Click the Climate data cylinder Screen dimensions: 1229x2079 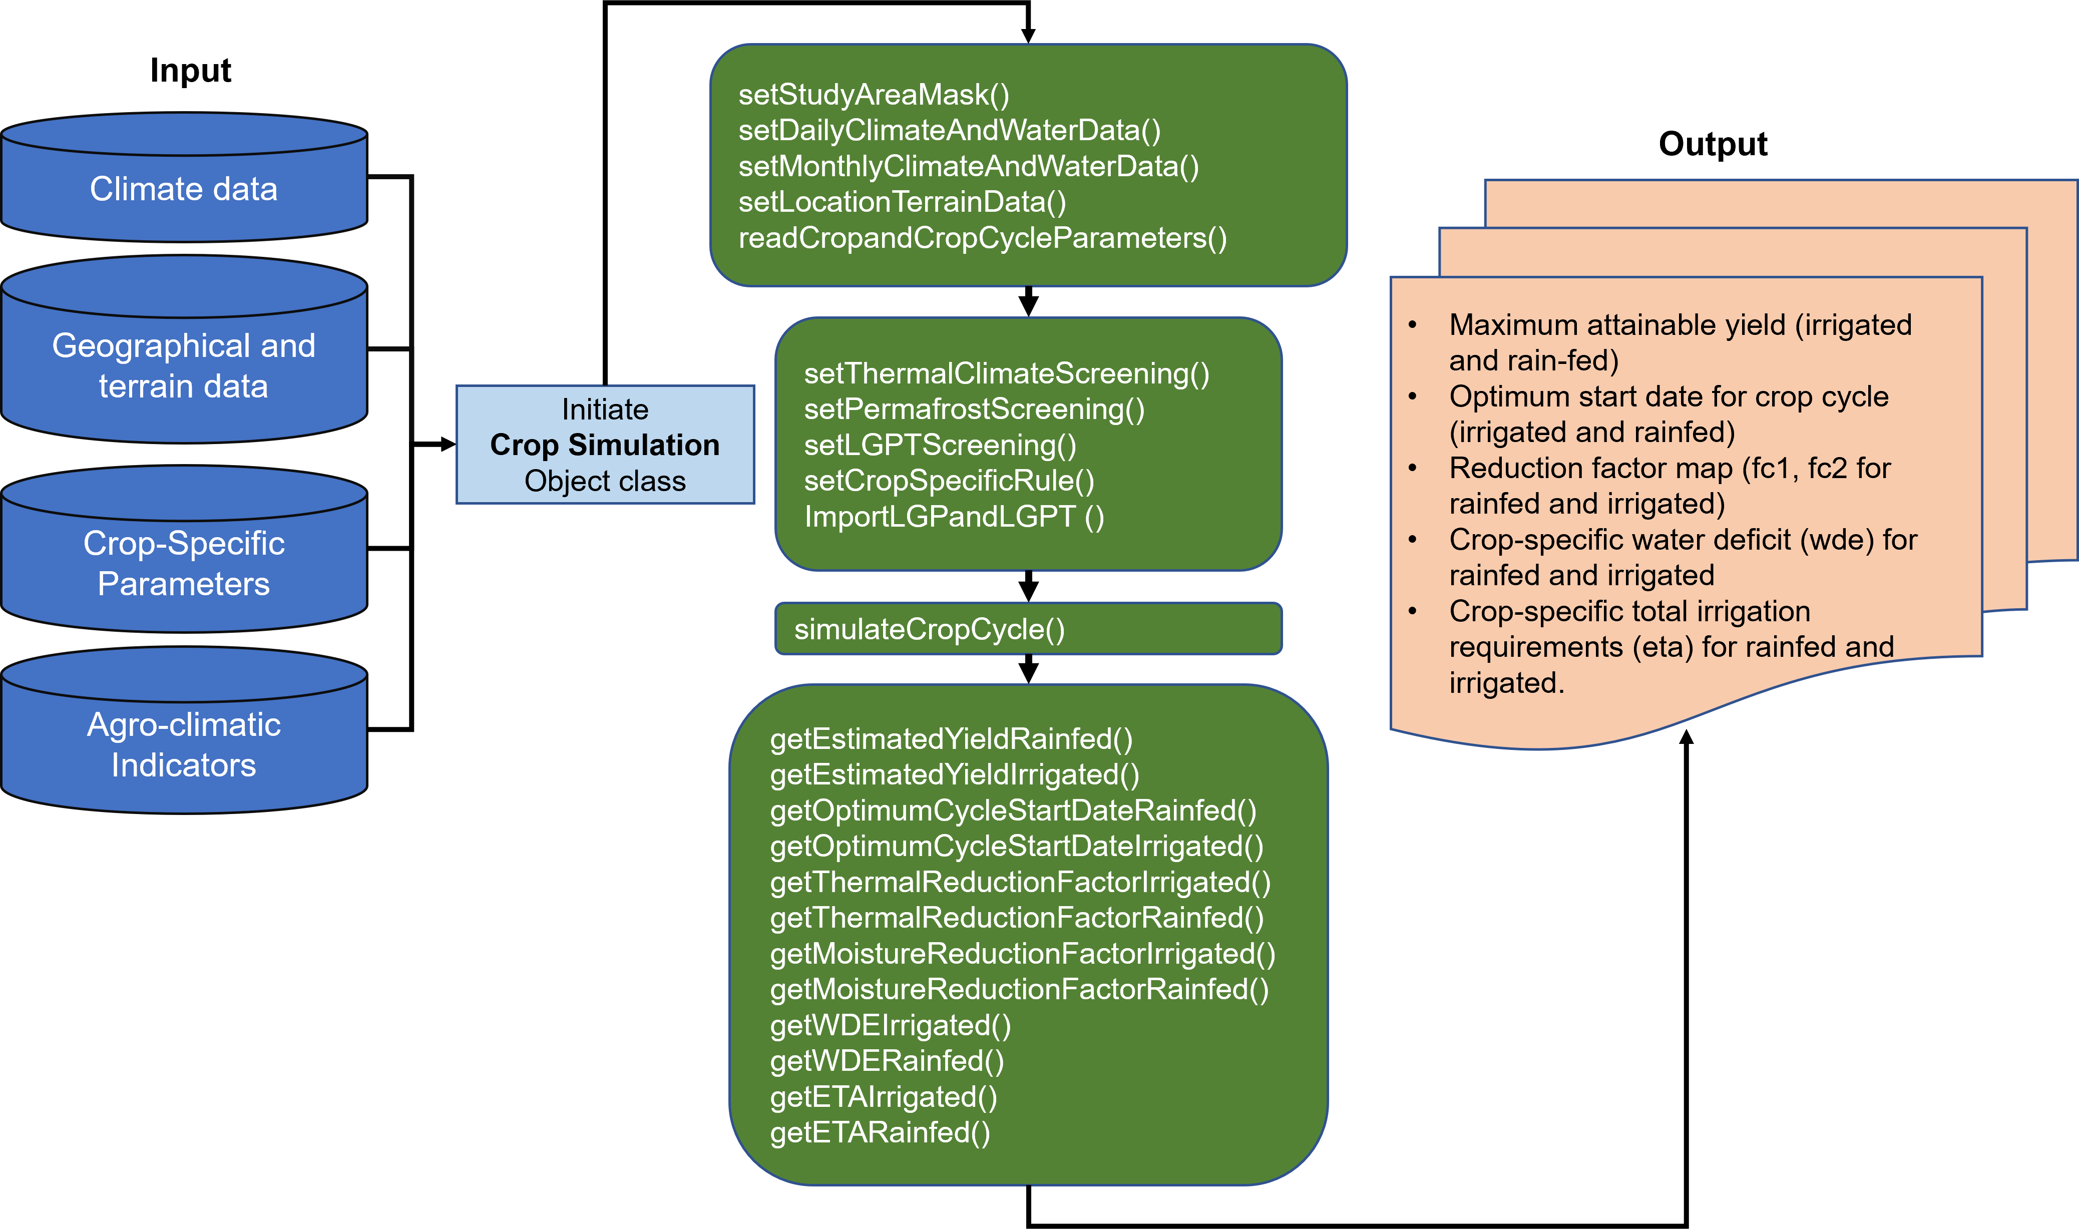tap(184, 189)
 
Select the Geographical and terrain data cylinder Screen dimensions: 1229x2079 tap(184, 365)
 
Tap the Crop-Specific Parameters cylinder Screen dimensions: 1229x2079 tap(184, 563)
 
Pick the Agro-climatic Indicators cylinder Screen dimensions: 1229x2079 tap(184, 744)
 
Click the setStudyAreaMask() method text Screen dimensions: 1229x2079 tap(874, 95)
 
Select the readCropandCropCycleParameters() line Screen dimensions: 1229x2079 tap(982, 238)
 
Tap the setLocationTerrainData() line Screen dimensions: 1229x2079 tap(902, 202)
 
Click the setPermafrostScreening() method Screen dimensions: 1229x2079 tap(974, 409)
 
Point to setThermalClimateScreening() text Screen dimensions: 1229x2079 tap(1006, 373)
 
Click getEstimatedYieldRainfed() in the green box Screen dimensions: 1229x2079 tap(951, 739)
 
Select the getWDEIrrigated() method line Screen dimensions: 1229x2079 tap(890, 1025)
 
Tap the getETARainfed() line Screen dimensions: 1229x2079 tap(879, 1132)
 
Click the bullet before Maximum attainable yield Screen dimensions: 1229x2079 tap(1413, 325)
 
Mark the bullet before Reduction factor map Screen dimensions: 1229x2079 tap(1413, 469)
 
